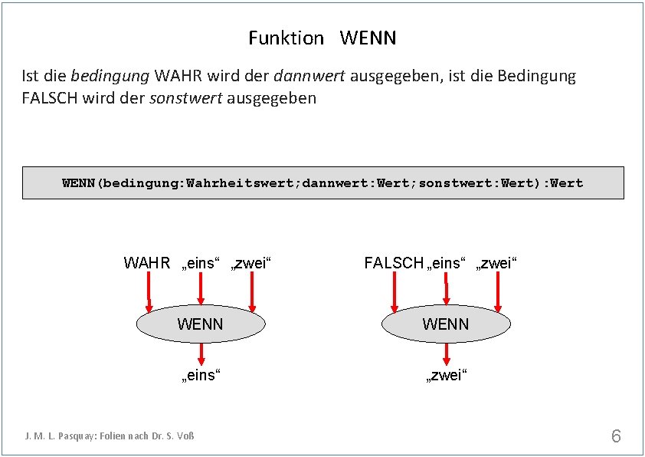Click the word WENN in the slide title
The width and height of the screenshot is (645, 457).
(368, 38)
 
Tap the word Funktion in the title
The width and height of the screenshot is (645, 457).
(286, 38)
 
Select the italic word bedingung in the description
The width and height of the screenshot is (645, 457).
(110, 76)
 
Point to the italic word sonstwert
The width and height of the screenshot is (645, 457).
(186, 98)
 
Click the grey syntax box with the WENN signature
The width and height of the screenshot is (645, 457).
(322, 182)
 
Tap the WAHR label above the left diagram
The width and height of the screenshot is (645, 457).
(146, 264)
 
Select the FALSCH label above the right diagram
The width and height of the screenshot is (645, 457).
(394, 264)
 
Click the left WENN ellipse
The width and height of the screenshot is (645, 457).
(200, 324)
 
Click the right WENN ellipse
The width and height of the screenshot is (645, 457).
(445, 324)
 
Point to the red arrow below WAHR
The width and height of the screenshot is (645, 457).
(149, 292)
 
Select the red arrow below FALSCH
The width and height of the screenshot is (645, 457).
(395, 292)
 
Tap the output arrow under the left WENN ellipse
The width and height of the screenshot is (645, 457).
(201, 353)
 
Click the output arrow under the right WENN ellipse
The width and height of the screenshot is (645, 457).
(446, 353)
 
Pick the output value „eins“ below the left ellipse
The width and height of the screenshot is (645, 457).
(200, 376)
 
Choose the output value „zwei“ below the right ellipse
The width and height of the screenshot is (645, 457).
(446, 376)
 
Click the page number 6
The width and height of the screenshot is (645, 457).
(616, 436)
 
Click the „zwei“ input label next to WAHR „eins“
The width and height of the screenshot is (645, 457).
(252, 264)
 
